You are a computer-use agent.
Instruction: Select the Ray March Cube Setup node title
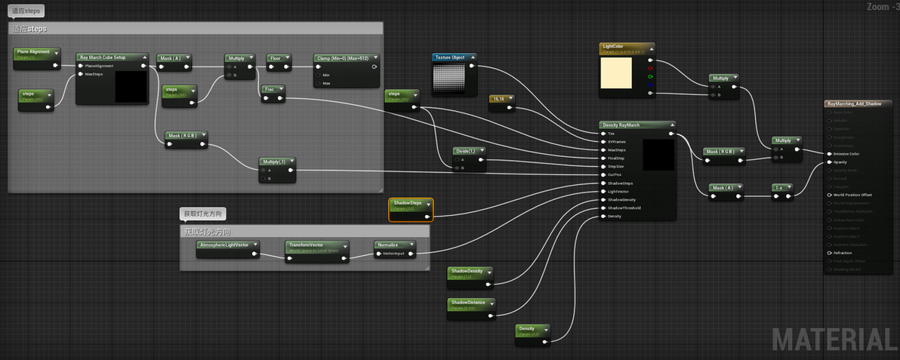[112, 57]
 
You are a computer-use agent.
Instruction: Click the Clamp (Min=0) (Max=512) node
[345, 57]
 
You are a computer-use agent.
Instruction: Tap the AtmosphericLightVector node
[227, 245]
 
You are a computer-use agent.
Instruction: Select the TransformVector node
[316, 245]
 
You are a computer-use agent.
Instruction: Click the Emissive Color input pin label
[847, 154]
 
